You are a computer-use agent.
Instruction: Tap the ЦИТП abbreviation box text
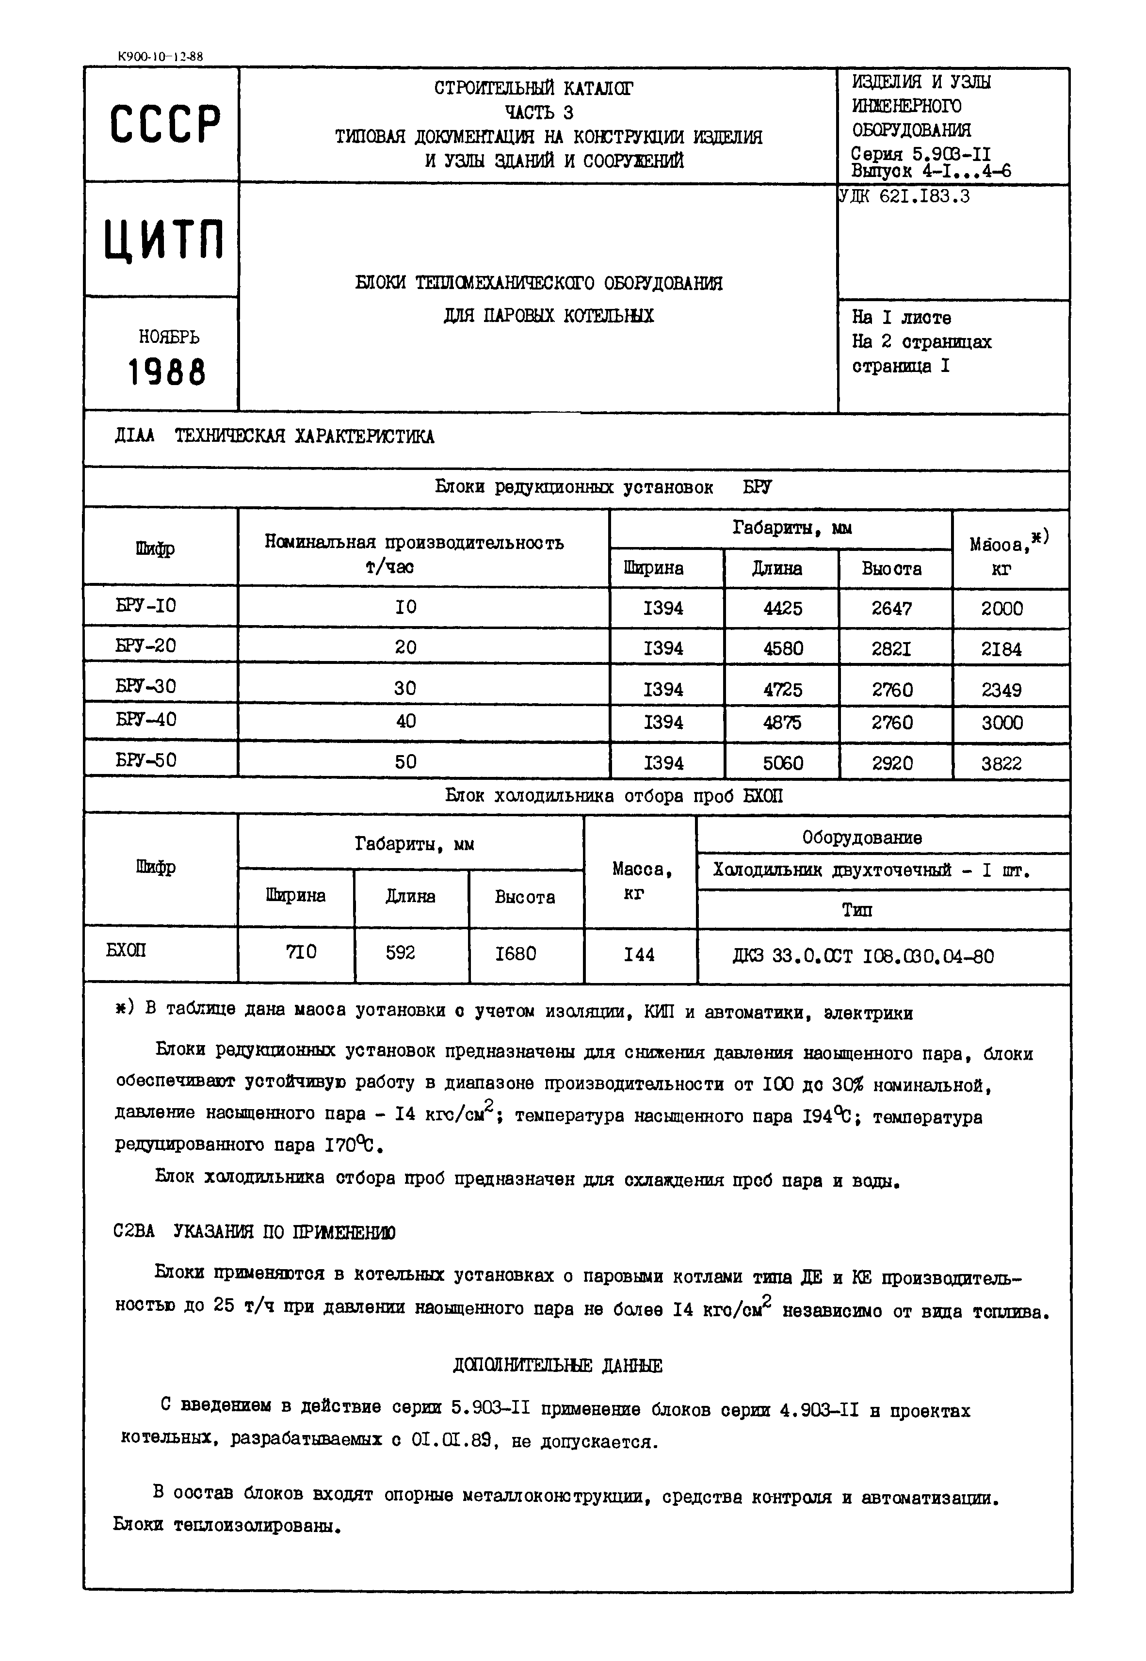coord(164,239)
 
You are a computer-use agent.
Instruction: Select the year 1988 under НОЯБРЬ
coord(166,372)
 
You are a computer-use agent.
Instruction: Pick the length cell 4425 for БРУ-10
coord(783,608)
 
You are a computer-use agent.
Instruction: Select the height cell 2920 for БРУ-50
coord(892,763)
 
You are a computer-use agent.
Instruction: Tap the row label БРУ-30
coord(146,686)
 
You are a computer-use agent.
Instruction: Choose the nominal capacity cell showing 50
coord(406,761)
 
